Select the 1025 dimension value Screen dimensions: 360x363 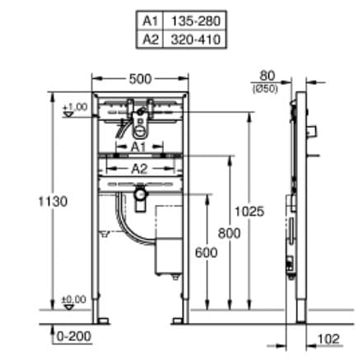point(252,212)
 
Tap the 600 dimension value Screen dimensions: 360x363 point(207,253)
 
